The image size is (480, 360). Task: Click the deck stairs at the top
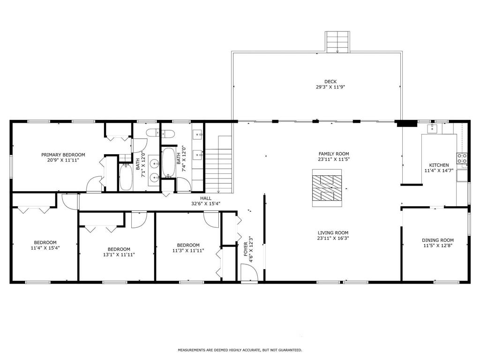[338, 42]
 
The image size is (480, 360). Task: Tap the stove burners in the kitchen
[462, 158]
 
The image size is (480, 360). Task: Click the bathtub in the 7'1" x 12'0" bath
[126, 177]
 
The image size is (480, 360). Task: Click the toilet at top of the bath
[153, 133]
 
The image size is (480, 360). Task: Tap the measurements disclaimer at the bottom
[240, 350]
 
